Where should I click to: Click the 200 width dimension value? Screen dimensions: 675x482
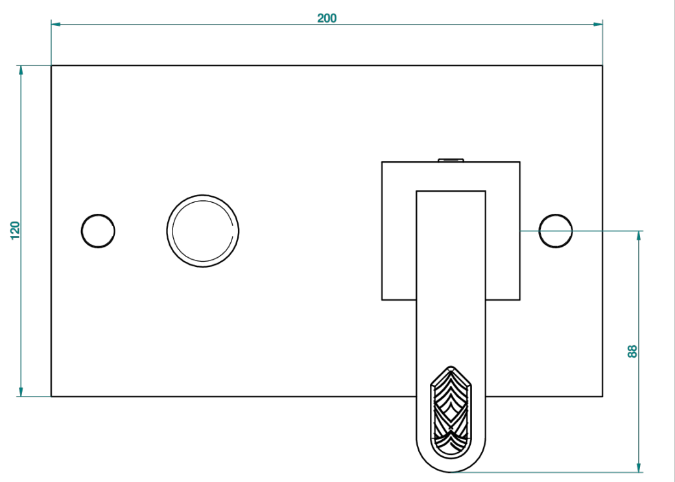[327, 18]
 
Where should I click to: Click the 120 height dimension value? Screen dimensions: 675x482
[15, 231]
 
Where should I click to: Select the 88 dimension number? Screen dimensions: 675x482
[632, 351]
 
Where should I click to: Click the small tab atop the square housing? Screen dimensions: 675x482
[451, 160]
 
